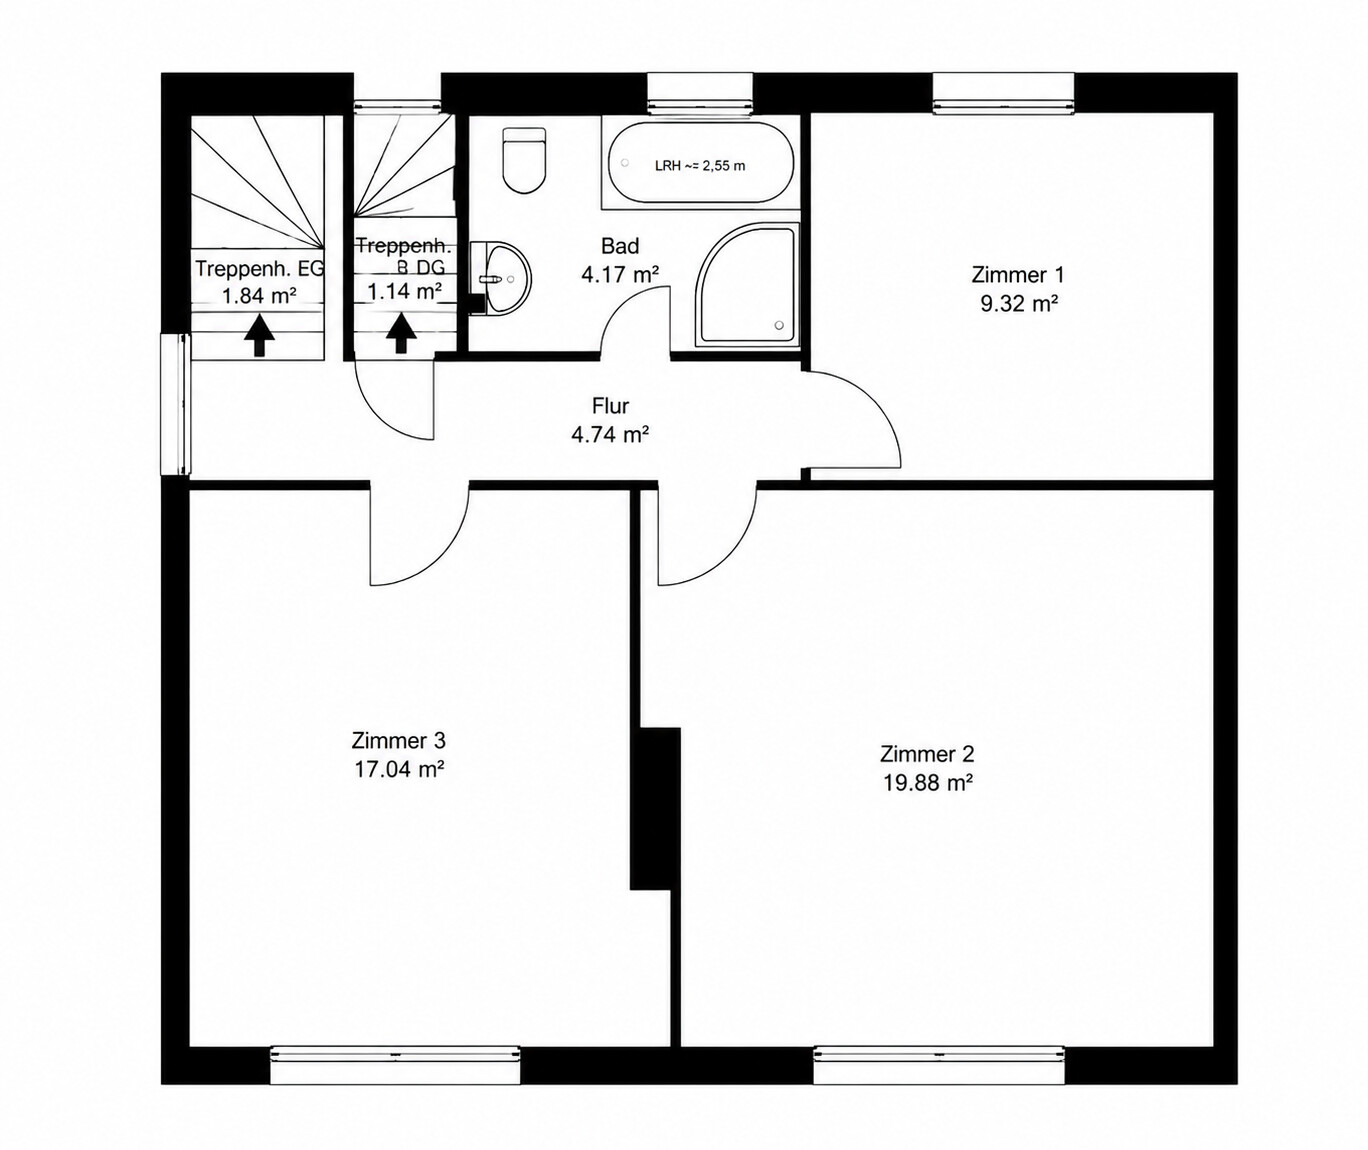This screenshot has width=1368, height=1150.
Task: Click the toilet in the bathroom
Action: click(523, 161)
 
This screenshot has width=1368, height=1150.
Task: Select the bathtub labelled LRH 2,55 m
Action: click(701, 163)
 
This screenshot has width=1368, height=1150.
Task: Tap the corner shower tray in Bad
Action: click(748, 284)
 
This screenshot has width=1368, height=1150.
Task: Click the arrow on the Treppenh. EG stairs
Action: click(259, 335)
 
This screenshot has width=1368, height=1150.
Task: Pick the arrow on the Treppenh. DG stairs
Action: click(401, 334)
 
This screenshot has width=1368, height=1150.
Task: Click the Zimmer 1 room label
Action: click(1017, 275)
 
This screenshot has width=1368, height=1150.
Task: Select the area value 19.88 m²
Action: click(927, 783)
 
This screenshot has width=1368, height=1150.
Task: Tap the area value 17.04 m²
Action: click(399, 769)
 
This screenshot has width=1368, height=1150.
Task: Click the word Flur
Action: click(610, 406)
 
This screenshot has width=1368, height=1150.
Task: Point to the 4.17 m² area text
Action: click(620, 274)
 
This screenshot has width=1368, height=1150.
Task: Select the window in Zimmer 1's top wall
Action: click(1003, 93)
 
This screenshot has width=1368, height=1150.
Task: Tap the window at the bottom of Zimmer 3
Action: click(395, 1065)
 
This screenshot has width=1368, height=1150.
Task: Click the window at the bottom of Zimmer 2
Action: click(939, 1065)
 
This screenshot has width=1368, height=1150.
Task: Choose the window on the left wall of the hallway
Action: click(176, 404)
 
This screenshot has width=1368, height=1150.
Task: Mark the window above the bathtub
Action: click(700, 93)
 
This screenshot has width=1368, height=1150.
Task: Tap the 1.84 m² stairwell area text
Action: click(259, 296)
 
